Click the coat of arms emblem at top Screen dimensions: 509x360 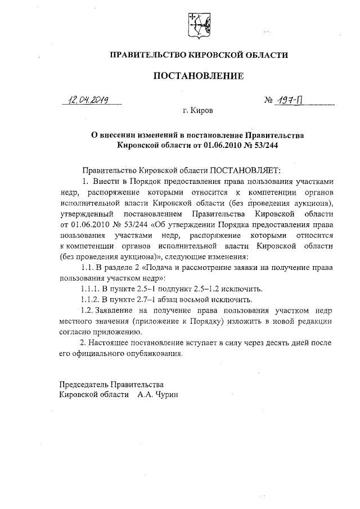click(197, 25)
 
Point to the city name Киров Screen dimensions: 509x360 click(201, 112)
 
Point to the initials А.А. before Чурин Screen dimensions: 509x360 click(144, 395)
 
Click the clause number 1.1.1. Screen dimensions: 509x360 click(92, 289)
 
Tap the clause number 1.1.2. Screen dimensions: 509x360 click(92, 299)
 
